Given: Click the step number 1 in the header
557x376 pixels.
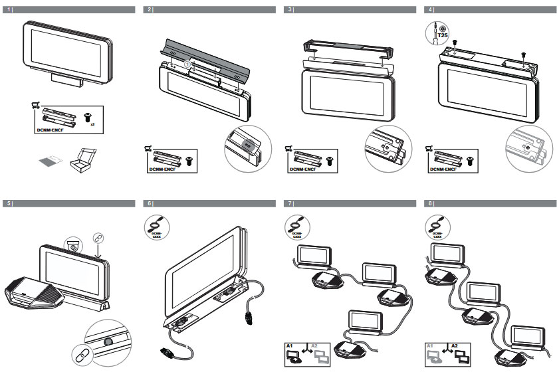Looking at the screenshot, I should [9, 10].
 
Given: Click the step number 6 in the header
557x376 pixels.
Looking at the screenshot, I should [150, 203].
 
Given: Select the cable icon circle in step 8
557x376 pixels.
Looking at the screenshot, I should [436, 227].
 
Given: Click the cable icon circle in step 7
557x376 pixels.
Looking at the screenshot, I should [296, 227].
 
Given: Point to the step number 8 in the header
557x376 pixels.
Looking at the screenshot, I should [431, 203].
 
